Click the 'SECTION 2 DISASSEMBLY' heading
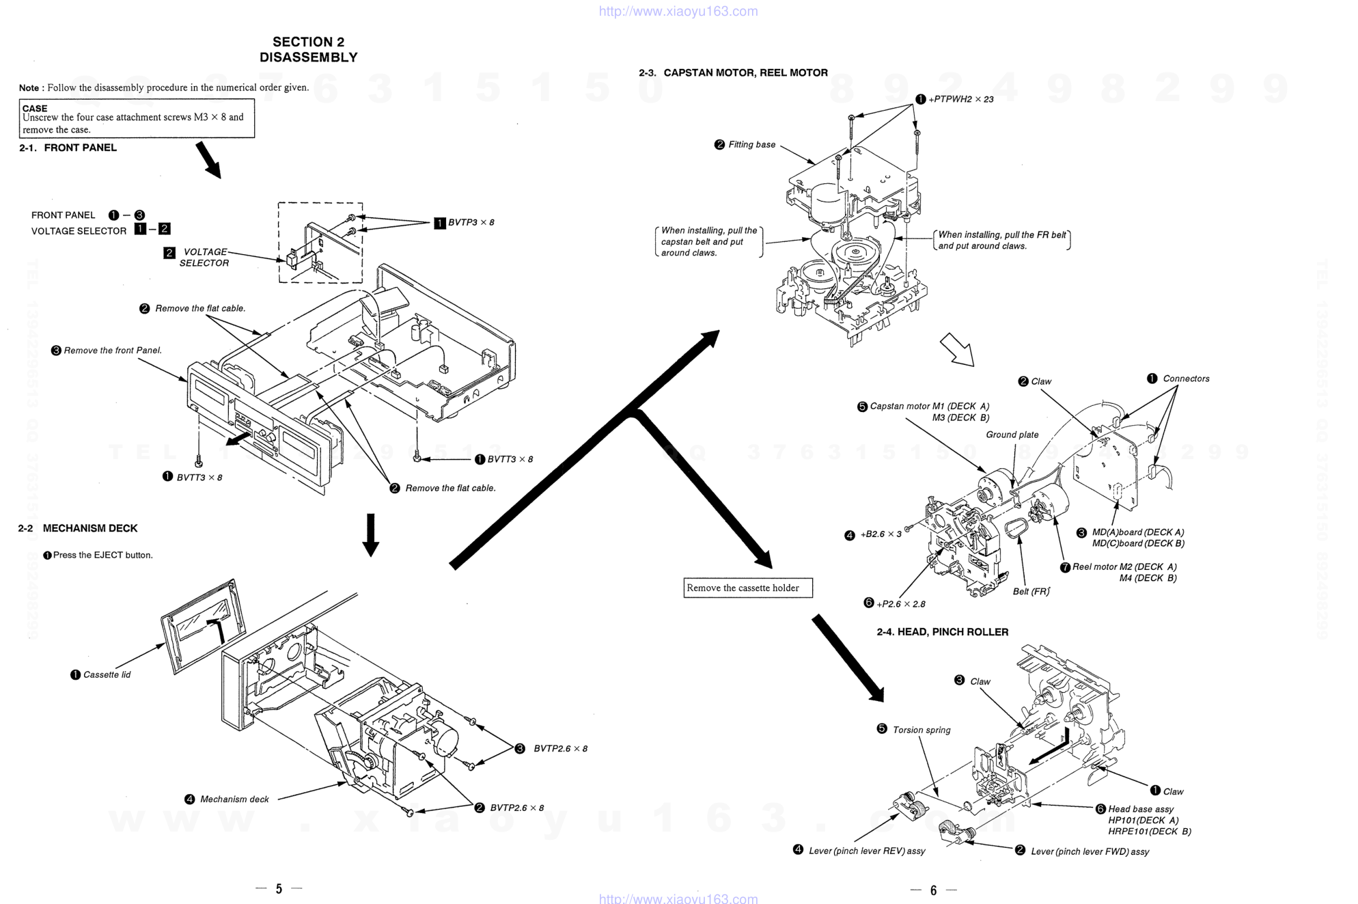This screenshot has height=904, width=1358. pyautogui.click(x=308, y=50)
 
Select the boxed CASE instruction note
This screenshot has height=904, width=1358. pyautogui.click(x=137, y=118)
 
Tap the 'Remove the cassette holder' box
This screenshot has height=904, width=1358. pyautogui.click(x=747, y=588)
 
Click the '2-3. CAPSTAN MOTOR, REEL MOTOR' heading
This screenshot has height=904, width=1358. pyautogui.click(x=733, y=73)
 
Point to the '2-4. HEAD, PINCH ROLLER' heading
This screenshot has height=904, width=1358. pyautogui.click(x=942, y=632)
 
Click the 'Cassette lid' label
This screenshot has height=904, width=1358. pyautogui.click(x=107, y=675)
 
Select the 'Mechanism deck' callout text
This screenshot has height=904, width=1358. pyautogui.click(x=234, y=799)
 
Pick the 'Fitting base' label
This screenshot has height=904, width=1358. pyautogui.click(x=751, y=145)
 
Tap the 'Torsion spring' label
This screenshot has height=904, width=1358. pyautogui.click(x=921, y=730)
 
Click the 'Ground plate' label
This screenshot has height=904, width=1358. pyautogui.click(x=1012, y=435)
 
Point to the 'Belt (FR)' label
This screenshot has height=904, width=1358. pyautogui.click(x=1031, y=592)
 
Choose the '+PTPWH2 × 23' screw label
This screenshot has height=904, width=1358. pyautogui.click(x=960, y=100)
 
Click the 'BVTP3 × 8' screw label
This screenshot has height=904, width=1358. pyautogui.click(x=471, y=223)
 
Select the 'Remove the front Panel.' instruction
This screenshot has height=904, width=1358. pyautogui.click(x=113, y=351)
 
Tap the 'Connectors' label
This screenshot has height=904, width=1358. pyautogui.click(x=1186, y=379)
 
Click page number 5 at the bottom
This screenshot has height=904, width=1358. pyautogui.click(x=279, y=889)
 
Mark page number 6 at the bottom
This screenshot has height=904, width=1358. pyautogui.click(x=933, y=890)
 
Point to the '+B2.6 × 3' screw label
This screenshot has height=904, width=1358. pyautogui.click(x=881, y=534)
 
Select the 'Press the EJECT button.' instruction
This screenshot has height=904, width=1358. pyautogui.click(x=102, y=556)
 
